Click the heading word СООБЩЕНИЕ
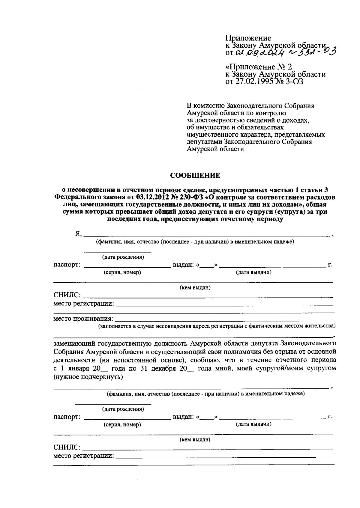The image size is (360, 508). coord(195,175)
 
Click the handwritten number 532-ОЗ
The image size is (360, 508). coord(312,53)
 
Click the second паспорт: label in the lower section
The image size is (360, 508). coord(67,417)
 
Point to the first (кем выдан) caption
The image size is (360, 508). coord(195,288)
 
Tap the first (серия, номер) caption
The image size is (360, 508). coord(122,272)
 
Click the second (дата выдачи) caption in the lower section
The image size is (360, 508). coord(253,424)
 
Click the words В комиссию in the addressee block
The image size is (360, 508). coord(204,106)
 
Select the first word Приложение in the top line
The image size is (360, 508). coord(248,38)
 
